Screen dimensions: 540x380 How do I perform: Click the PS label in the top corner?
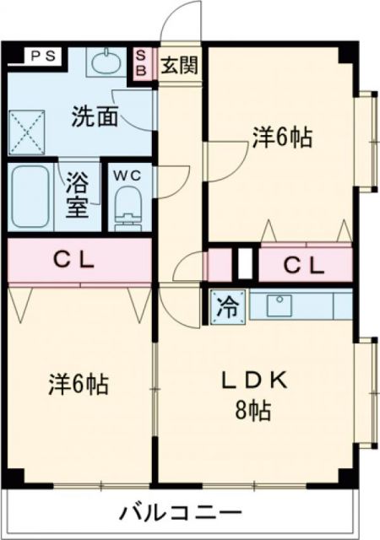40,57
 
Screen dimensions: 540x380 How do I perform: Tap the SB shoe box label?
141,63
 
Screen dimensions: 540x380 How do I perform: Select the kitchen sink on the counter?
280,305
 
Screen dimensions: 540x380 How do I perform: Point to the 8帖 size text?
253,411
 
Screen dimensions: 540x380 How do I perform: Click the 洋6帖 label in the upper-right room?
280,138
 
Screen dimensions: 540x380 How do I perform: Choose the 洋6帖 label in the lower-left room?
77,385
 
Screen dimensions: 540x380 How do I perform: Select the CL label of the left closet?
79,260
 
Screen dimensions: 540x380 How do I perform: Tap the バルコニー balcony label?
180,512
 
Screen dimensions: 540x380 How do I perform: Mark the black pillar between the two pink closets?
245,264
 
